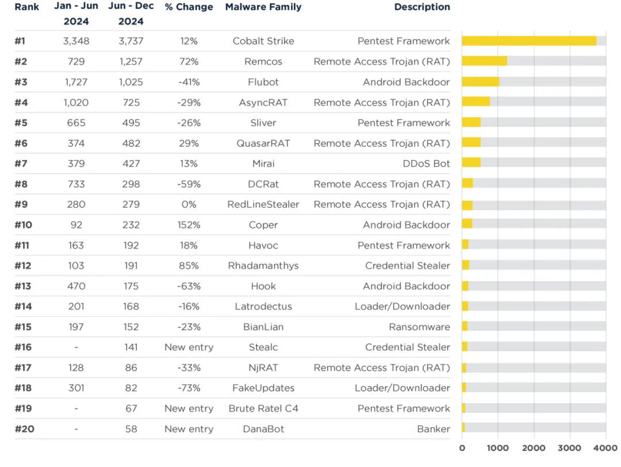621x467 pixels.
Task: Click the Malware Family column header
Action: click(x=263, y=7)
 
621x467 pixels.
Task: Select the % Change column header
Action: click(x=189, y=7)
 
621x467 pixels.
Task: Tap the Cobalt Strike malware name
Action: click(x=263, y=41)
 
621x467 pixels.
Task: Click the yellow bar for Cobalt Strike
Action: click(x=529, y=41)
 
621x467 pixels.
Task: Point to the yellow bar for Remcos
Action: click(x=484, y=61)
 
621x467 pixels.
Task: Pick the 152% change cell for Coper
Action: click(x=189, y=225)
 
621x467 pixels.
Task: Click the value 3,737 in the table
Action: click(x=131, y=41)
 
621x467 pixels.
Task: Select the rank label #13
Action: click(x=23, y=286)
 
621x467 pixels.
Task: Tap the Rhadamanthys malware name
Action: click(x=263, y=265)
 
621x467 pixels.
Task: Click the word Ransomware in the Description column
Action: click(x=419, y=327)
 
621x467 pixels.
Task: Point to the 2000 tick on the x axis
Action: click(x=534, y=448)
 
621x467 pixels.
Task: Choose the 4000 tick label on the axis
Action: click(x=605, y=448)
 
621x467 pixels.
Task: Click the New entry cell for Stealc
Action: click(x=189, y=347)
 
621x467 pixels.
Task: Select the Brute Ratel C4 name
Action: click(x=263, y=408)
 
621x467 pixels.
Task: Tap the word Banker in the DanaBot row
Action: click(x=434, y=429)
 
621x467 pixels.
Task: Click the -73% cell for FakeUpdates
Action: click(x=189, y=388)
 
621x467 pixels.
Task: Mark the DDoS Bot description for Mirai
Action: click(x=426, y=164)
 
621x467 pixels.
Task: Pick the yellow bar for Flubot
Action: click(x=480, y=82)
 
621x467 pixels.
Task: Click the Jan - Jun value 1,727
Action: click(x=76, y=82)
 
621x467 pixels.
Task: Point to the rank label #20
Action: click(x=24, y=429)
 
